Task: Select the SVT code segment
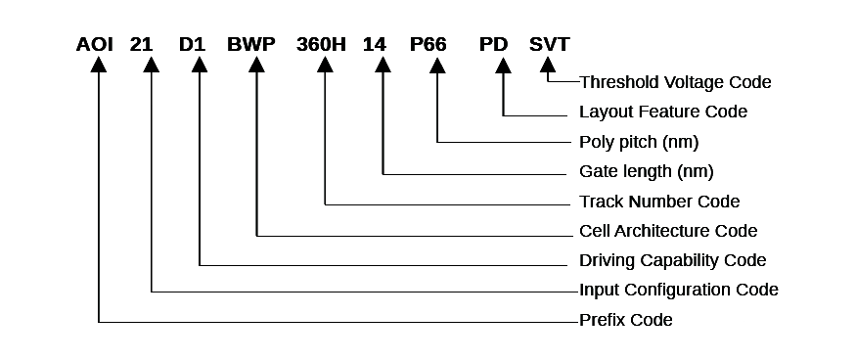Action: pyautogui.click(x=549, y=44)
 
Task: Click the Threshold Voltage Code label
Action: pyautogui.click(x=675, y=82)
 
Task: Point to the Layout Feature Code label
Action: pyautogui.click(x=663, y=112)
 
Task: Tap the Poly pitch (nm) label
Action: pyautogui.click(x=639, y=142)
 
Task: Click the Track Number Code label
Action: pyautogui.click(x=659, y=202)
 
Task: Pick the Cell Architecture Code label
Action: pyautogui.click(x=668, y=232)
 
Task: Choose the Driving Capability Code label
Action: pyautogui.click(x=673, y=261)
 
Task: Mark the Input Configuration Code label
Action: pyautogui.click(x=679, y=291)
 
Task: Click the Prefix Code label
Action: pyautogui.click(x=626, y=320)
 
